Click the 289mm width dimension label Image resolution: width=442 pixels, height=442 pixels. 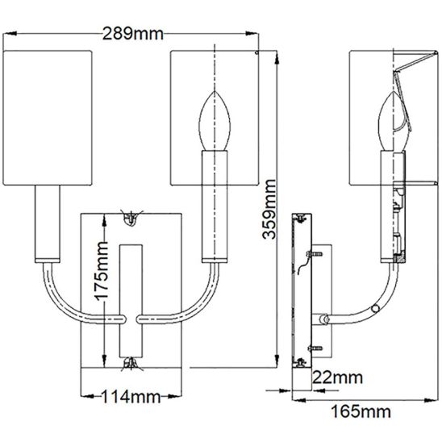pyautogui.click(x=133, y=34)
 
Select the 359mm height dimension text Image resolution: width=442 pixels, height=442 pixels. pyautogui.click(x=269, y=209)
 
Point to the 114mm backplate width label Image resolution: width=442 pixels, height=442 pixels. pyautogui.click(x=131, y=397)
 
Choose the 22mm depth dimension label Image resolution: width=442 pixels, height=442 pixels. pyautogui.click(x=337, y=377)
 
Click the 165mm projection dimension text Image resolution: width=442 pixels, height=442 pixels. pyautogui.click(x=361, y=411)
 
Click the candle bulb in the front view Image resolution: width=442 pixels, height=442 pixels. pyautogui.click(x=215, y=121)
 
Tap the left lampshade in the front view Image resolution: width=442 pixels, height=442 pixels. pyautogui.click(x=48, y=118)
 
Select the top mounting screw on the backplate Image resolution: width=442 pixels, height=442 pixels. pyautogui.click(x=131, y=219)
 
